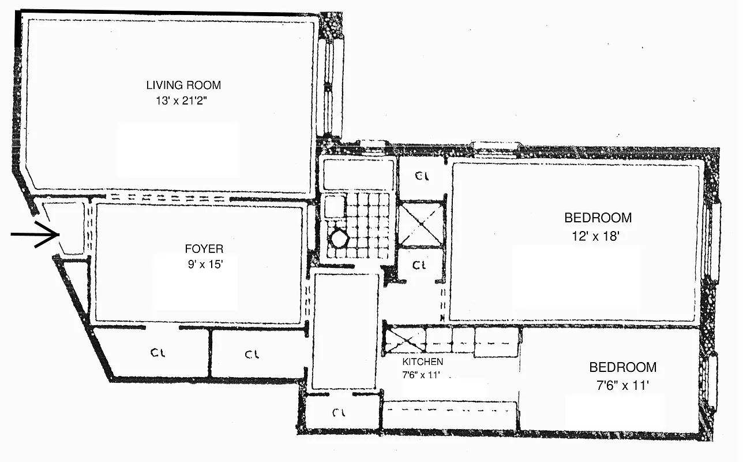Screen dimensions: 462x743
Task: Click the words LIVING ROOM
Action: [183, 85]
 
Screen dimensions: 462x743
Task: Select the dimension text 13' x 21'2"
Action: [183, 101]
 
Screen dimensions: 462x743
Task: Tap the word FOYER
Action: [204, 249]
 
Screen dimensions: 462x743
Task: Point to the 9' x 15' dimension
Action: [204, 267]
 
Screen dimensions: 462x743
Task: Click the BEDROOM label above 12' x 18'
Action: [598, 218]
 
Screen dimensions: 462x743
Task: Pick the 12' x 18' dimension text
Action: [598, 236]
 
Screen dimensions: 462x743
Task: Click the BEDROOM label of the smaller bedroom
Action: [622, 367]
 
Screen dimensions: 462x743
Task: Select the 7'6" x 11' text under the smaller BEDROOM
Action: [622, 385]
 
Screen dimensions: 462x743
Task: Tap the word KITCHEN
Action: [423, 362]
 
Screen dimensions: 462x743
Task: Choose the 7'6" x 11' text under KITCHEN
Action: [422, 374]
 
